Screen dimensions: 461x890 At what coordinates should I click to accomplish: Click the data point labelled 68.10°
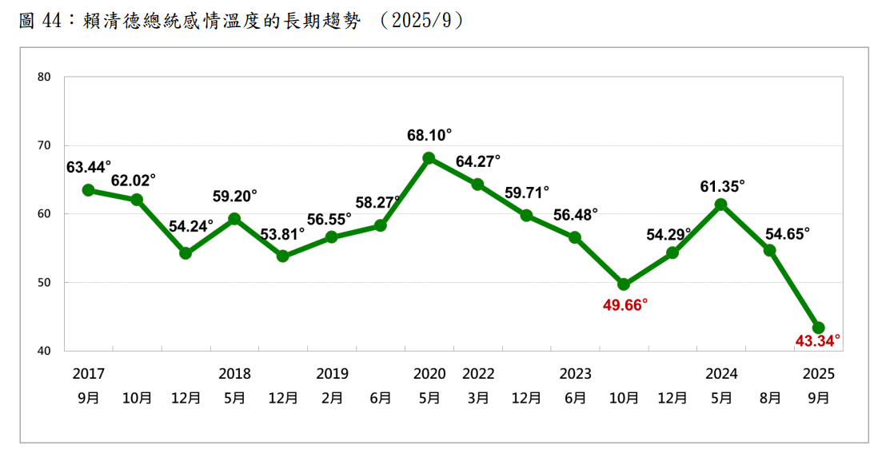click(x=429, y=158)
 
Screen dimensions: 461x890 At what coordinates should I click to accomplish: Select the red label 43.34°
click(x=818, y=341)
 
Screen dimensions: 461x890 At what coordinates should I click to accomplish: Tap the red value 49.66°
click(x=625, y=304)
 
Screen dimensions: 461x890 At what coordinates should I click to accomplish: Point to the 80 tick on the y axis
click(x=44, y=77)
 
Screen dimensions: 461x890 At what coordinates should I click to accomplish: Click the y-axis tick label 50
click(x=44, y=283)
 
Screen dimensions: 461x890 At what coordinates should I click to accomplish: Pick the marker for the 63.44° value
click(x=88, y=190)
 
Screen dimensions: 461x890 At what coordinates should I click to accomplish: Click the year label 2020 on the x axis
click(x=429, y=374)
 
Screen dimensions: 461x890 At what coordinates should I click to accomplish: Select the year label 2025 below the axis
click(x=819, y=374)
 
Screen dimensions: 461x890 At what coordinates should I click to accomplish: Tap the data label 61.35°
click(x=722, y=185)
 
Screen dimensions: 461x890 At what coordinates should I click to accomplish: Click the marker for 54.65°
click(x=770, y=250)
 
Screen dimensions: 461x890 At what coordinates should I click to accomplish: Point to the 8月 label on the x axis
click(x=770, y=397)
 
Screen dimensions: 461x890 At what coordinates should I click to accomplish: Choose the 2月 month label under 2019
click(x=332, y=397)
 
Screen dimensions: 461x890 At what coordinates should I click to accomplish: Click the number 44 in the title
click(x=54, y=22)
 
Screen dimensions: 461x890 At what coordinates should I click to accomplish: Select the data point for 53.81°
click(x=282, y=256)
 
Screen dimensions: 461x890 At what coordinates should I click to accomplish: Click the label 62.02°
click(x=134, y=180)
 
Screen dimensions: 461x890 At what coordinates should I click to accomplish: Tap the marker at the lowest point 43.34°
click(x=819, y=328)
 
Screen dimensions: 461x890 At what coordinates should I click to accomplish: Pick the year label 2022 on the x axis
click(x=478, y=374)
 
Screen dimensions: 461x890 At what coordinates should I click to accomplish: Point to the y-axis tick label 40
click(x=44, y=351)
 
